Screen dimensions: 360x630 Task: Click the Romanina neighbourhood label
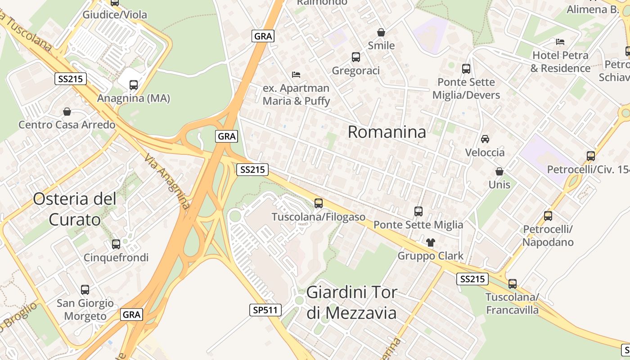pyautogui.click(x=387, y=132)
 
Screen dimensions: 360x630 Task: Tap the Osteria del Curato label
pyautogui.click(x=75, y=209)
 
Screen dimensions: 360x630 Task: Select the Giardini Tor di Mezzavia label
pyautogui.click(x=352, y=302)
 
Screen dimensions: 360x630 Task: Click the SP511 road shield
pyautogui.click(x=265, y=310)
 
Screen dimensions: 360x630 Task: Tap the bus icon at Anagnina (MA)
pyautogui.click(x=134, y=85)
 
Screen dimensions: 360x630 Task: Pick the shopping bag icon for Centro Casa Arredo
pyautogui.click(x=67, y=111)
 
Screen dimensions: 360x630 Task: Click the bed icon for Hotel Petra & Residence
pyautogui.click(x=560, y=42)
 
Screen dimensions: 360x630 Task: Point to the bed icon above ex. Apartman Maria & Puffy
pyautogui.click(x=296, y=74)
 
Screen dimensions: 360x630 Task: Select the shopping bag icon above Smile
pyautogui.click(x=381, y=32)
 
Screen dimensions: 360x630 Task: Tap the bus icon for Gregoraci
pyautogui.click(x=356, y=57)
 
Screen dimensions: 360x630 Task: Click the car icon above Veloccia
pyautogui.click(x=485, y=139)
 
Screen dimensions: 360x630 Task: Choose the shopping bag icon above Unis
pyautogui.click(x=499, y=171)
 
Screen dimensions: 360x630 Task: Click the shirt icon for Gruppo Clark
pyautogui.click(x=431, y=243)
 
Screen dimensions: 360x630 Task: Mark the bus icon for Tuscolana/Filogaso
pyautogui.click(x=319, y=203)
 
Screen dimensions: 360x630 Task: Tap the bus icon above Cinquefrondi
pyautogui.click(x=116, y=244)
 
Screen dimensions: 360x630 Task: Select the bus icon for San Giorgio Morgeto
pyautogui.click(x=85, y=290)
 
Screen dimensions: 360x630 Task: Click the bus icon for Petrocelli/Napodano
pyautogui.click(x=548, y=216)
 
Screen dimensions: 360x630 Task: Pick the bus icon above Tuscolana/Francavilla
pyautogui.click(x=513, y=284)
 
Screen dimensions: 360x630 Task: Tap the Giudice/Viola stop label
pyautogui.click(x=115, y=15)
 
